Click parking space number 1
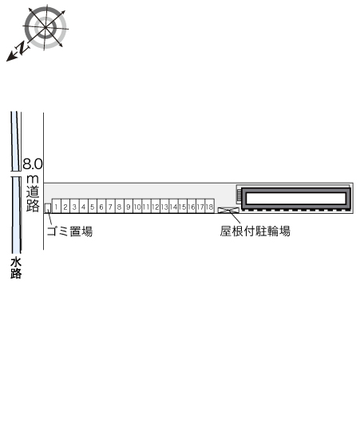57,207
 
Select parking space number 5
93,207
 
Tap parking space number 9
129,207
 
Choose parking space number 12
156,207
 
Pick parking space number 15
183,207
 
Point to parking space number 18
210,207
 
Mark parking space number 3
74,207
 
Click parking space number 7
110,207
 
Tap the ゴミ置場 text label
69,231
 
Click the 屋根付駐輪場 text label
255,231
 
